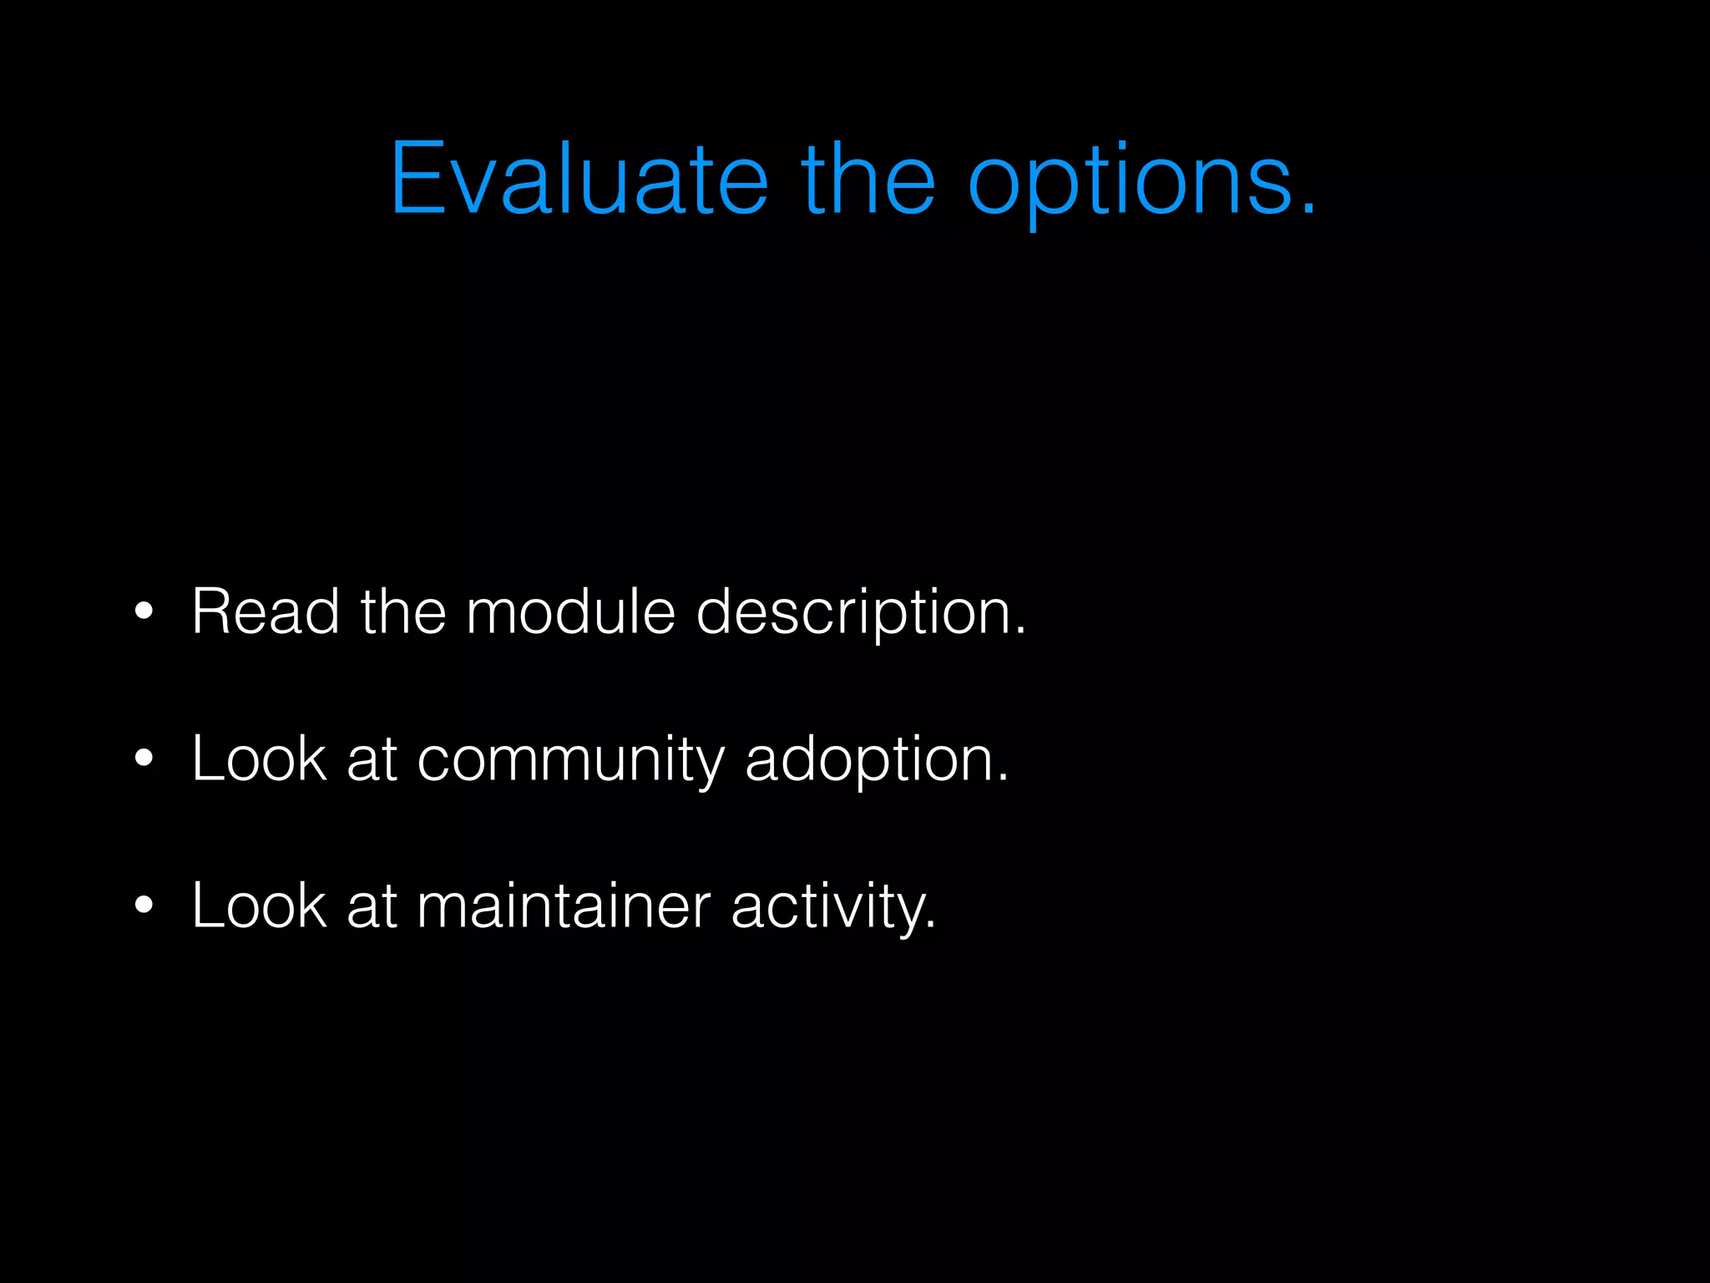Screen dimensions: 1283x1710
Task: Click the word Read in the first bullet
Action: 266,611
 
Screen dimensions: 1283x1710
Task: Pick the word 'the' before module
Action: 403,611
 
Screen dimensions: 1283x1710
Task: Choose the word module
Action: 570,611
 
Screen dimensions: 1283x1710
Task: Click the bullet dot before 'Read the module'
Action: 144,611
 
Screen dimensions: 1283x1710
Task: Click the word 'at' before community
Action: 372,760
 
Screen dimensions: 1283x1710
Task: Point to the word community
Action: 570,762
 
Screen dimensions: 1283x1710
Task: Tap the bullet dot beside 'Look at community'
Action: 144,758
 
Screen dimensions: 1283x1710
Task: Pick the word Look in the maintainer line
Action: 259,905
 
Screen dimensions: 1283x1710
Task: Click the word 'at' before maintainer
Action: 372,907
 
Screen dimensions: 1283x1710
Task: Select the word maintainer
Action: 564,905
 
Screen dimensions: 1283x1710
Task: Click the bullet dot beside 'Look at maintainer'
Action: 144,905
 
